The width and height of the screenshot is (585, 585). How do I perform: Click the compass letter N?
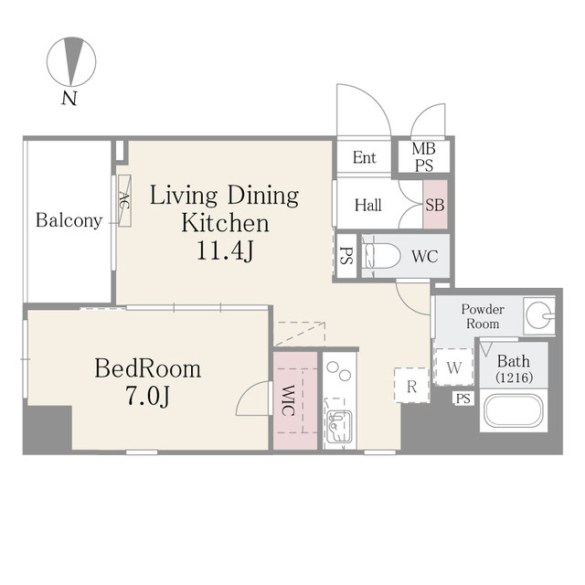[x=69, y=98]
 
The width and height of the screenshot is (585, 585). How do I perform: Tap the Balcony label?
[x=69, y=220]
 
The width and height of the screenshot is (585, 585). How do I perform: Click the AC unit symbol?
[x=124, y=201]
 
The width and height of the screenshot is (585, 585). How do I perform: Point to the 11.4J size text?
[x=225, y=250]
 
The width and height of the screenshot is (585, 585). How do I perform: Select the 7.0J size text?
[x=148, y=396]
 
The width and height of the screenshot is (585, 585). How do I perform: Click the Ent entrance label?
[x=364, y=157]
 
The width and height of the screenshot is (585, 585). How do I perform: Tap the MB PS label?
[x=424, y=156]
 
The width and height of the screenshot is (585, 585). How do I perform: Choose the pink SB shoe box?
[x=435, y=204]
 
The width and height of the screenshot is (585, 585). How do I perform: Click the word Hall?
[x=367, y=205]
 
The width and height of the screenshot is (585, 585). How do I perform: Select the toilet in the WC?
[x=380, y=256]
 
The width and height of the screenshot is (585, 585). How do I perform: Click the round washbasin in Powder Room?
[x=540, y=315]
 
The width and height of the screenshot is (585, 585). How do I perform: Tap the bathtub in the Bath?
[x=514, y=410]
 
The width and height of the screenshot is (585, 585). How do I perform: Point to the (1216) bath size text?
[x=514, y=378]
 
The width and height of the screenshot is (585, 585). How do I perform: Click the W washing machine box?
[x=454, y=367]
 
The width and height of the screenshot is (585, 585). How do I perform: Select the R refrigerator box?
[x=412, y=386]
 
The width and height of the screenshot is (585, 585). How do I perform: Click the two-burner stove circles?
[x=339, y=371]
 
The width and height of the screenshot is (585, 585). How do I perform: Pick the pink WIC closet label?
[x=286, y=400]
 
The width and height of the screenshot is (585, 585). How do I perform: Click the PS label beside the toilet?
[x=346, y=256]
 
